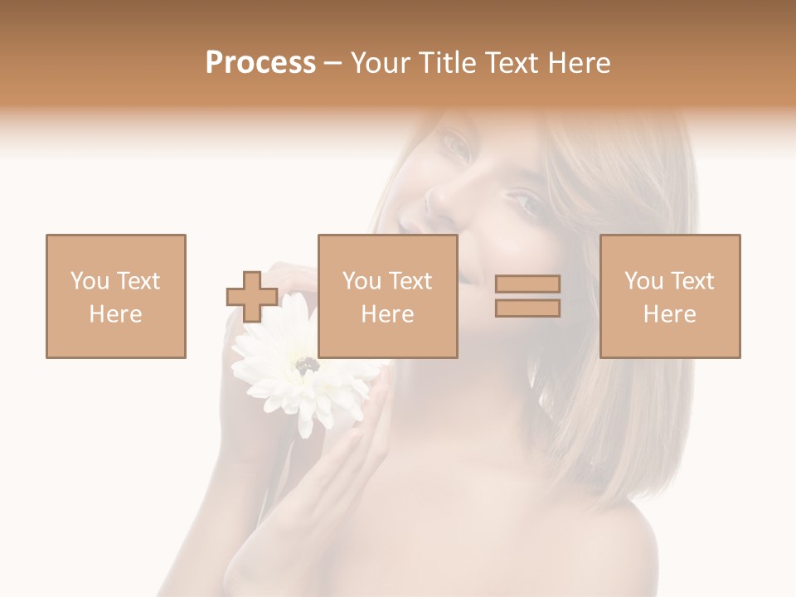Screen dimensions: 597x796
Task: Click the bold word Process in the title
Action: pyautogui.click(x=260, y=63)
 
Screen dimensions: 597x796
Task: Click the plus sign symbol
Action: pyautogui.click(x=252, y=297)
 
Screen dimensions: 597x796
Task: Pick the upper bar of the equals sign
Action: pyautogui.click(x=527, y=284)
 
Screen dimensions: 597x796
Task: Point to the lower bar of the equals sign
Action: pyautogui.click(x=527, y=308)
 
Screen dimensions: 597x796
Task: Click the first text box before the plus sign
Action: pyautogui.click(x=116, y=296)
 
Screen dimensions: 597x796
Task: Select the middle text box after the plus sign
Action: pyautogui.click(x=388, y=296)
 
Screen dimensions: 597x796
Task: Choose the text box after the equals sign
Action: pyautogui.click(x=670, y=296)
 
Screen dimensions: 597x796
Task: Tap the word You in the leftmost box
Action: pyautogui.click(x=90, y=281)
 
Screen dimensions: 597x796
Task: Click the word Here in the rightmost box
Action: pyautogui.click(x=670, y=314)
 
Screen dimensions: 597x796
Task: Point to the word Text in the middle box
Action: pyautogui.click(x=411, y=281)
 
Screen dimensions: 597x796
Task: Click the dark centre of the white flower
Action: pyautogui.click(x=307, y=363)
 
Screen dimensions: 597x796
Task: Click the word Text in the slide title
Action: pyautogui.click(x=511, y=63)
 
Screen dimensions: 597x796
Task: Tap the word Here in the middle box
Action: pyautogui.click(x=388, y=314)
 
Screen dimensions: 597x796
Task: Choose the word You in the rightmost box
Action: pyautogui.click(x=643, y=281)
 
